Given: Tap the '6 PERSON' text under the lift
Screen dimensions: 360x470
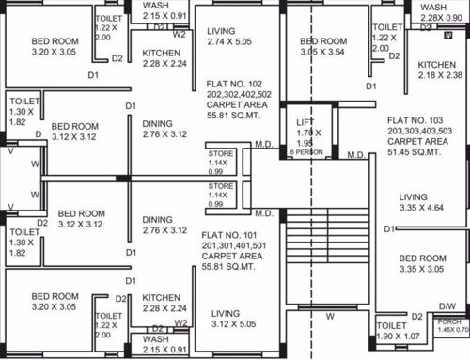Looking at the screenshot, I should (305, 151).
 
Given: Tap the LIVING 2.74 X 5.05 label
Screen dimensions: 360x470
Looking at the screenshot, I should (235, 37).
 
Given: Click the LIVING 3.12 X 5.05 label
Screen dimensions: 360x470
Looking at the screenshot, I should (232, 318).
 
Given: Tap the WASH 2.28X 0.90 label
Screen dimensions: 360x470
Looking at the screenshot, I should (440, 12).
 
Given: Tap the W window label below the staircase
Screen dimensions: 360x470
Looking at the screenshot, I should (329, 316).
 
